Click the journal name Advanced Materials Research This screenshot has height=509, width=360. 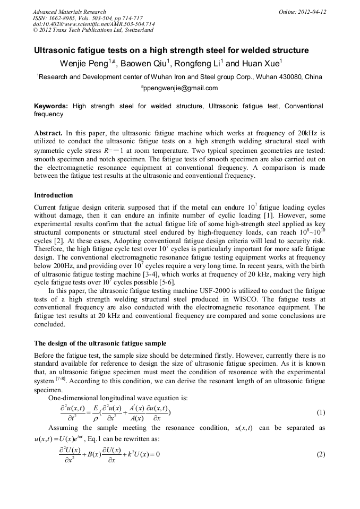coord(69,12)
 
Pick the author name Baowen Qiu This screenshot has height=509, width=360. coord(146,64)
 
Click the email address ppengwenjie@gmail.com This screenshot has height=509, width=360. coord(180,88)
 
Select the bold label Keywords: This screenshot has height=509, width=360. coord(51,106)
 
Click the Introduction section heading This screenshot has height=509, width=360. coord(54,195)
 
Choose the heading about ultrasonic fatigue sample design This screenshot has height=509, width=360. coord(100,343)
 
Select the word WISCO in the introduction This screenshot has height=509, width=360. coord(243,298)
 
